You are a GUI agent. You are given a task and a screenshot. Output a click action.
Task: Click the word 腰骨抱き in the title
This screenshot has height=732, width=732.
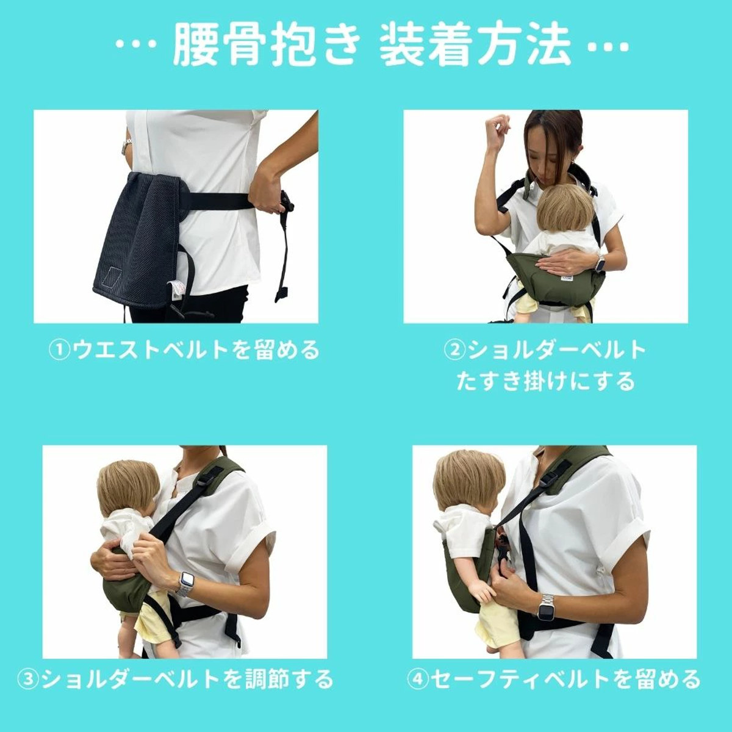coord(264,46)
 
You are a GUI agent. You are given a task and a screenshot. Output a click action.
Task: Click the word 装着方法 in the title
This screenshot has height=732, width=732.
coord(475,46)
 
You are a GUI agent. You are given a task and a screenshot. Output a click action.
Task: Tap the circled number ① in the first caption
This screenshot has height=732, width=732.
coord(59,351)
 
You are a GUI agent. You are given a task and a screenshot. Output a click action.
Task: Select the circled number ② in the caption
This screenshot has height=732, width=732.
coord(454,351)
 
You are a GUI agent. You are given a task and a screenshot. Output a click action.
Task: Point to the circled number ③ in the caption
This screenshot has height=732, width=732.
coord(28,679)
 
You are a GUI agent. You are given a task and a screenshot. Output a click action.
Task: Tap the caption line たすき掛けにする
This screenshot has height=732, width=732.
coord(545,382)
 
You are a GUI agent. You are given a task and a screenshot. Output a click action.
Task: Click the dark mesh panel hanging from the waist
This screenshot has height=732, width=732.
coord(137,238)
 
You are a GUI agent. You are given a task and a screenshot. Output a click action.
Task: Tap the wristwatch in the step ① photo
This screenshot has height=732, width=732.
coord(127,146)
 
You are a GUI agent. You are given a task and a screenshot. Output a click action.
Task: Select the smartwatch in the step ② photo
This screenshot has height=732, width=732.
coord(601,264)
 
